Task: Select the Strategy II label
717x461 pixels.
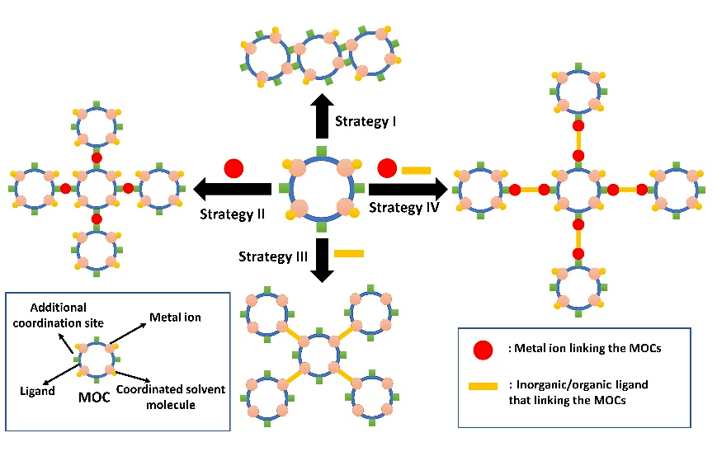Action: [232, 214]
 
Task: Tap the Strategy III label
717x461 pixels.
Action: [273, 256]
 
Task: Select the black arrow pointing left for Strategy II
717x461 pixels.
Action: [232, 191]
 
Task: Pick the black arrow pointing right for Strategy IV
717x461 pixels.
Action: [408, 189]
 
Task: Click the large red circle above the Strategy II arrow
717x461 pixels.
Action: [233, 168]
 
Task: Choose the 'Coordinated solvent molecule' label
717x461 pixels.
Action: [170, 396]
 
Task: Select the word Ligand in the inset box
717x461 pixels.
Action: [36, 391]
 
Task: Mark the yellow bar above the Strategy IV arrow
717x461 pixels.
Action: [417, 170]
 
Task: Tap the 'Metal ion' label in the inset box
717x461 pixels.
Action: [175, 317]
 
